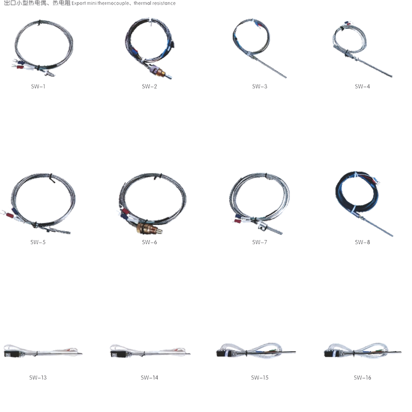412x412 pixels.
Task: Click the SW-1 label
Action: (38, 87)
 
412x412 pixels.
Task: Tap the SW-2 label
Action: (149, 87)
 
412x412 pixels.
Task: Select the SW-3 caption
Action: (260, 87)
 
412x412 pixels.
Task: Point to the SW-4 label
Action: (363, 87)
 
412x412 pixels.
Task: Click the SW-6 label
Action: (149, 242)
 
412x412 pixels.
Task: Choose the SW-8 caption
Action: (363, 242)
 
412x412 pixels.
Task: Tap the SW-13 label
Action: (38, 377)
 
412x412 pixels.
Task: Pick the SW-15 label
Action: (260, 377)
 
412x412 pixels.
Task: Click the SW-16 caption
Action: (363, 377)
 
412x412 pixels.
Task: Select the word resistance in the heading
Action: (163, 3)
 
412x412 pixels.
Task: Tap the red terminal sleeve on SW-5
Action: (10, 216)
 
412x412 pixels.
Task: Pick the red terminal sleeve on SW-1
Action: (20, 67)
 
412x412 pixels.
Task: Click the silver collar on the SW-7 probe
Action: (262, 225)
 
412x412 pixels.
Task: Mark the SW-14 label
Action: (149, 377)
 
